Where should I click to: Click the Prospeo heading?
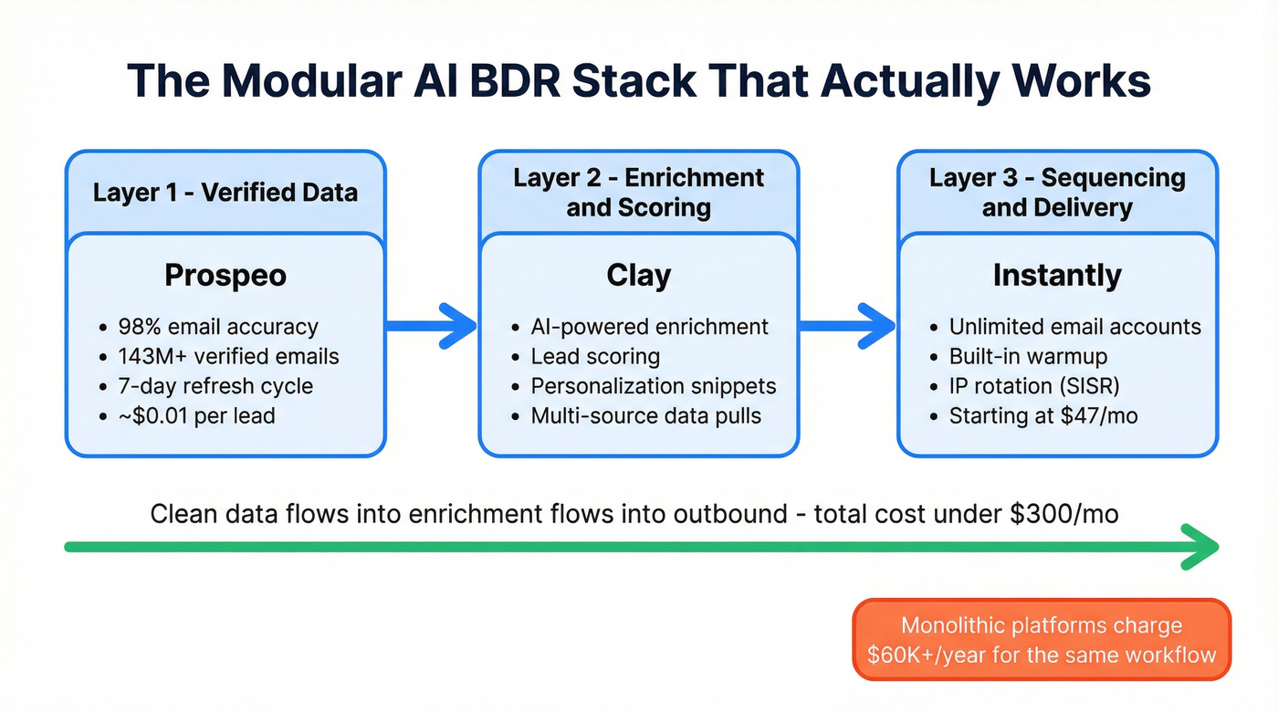[x=225, y=275]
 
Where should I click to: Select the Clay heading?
[x=638, y=275]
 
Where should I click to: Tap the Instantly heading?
[x=1057, y=275]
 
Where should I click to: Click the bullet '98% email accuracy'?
[x=218, y=327]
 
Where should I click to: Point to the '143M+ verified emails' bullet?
[x=228, y=356]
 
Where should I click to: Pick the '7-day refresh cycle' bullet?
[x=215, y=386]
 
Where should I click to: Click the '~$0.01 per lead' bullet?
[x=196, y=415]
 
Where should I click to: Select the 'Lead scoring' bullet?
[x=595, y=356]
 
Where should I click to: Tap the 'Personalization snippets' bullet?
[x=653, y=386]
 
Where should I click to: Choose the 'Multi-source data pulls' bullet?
[x=645, y=415]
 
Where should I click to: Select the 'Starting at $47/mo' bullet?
[x=1043, y=415]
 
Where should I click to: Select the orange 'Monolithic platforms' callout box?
[x=1042, y=640]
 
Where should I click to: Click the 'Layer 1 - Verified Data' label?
[x=225, y=193]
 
